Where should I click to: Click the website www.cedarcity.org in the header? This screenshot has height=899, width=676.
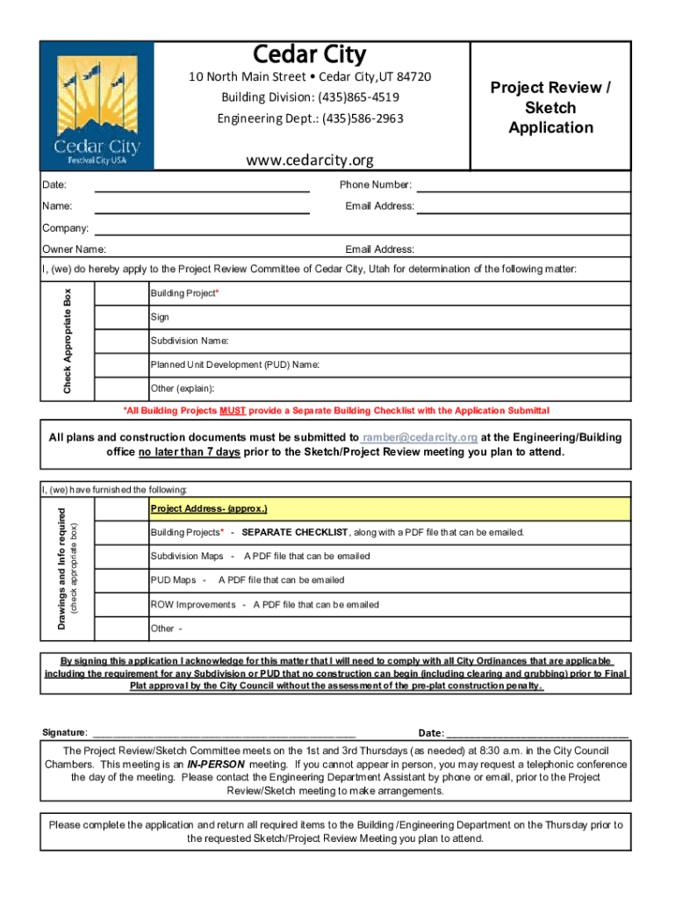tap(309, 160)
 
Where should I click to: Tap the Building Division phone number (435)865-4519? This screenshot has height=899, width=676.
tap(310, 97)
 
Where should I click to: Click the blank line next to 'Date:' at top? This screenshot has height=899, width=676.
tap(201, 185)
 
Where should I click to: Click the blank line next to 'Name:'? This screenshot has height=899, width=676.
tap(201, 207)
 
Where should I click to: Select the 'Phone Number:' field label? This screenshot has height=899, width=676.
tap(376, 185)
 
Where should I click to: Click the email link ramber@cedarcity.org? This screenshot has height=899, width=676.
tap(420, 437)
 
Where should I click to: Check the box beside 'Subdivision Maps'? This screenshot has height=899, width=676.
tap(121, 557)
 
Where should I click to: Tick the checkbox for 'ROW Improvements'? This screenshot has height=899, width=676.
tap(121, 604)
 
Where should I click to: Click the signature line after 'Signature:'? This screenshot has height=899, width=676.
tap(223, 733)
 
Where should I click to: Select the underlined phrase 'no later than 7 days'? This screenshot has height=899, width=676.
tap(189, 452)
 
